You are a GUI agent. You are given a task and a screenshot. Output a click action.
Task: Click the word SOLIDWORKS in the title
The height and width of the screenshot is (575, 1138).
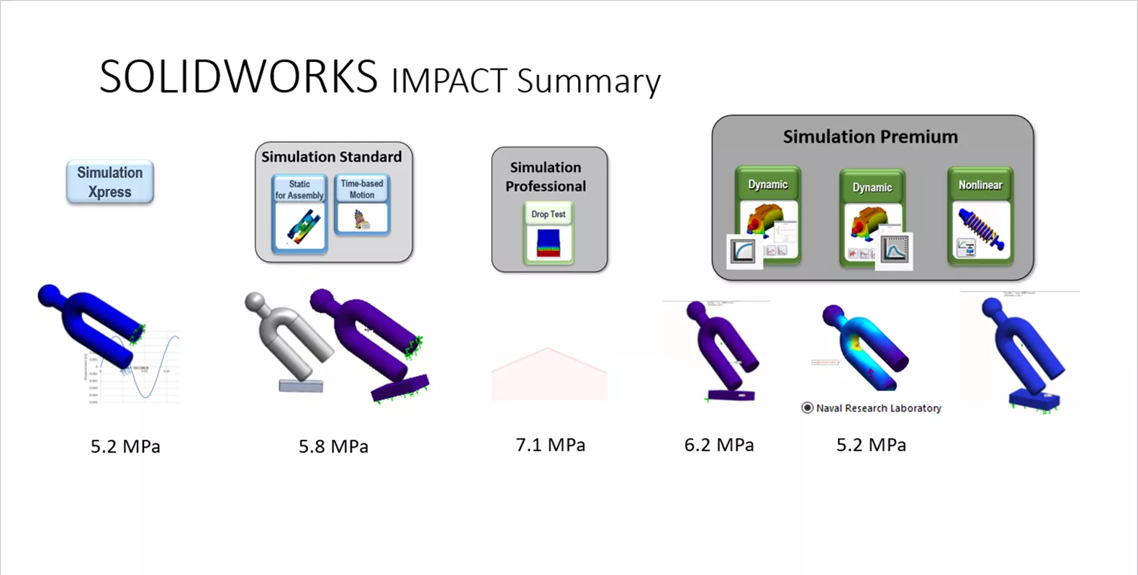238,76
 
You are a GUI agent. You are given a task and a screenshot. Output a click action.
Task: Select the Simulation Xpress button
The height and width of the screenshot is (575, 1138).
109,182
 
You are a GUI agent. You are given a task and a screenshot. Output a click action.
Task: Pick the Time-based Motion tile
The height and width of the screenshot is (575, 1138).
362,205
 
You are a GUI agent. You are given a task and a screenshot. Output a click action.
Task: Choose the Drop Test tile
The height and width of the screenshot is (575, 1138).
548,233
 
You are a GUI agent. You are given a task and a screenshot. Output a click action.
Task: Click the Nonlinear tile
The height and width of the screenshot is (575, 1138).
980,216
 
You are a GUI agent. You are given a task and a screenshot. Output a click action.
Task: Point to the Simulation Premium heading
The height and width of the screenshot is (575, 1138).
870,137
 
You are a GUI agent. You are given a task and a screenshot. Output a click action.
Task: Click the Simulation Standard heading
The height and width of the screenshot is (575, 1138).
332,157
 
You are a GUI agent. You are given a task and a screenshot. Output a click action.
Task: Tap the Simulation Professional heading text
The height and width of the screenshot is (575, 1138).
546,177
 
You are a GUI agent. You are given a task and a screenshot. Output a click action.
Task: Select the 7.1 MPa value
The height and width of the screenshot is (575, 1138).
551,445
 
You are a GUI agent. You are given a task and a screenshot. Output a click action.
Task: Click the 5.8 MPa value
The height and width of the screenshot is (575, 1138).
333,447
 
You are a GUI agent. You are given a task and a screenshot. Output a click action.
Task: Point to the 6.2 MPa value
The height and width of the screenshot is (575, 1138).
719,445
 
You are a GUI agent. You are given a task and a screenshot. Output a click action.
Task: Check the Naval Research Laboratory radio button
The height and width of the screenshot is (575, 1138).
808,408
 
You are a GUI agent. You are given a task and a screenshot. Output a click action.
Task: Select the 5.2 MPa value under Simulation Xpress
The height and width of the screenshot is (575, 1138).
125,447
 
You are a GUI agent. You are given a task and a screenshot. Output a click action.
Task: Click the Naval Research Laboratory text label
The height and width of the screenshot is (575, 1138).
879,408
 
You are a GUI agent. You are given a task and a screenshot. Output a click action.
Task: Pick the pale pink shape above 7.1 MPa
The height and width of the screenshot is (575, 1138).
548,374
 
